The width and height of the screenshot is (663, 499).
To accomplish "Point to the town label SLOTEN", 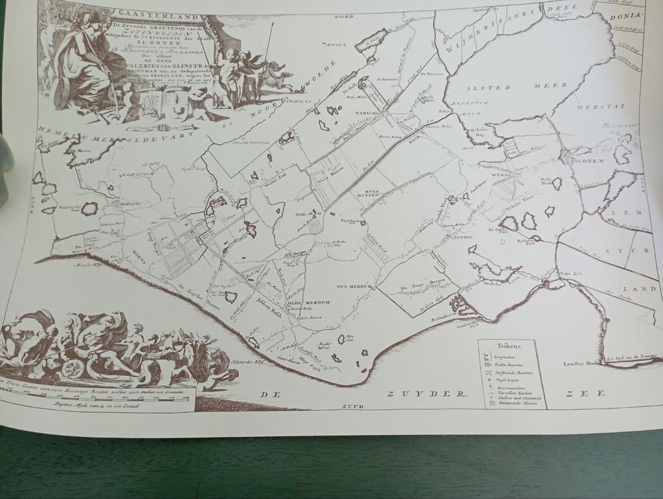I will [588, 161].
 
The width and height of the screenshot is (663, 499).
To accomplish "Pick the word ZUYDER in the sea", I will [427, 393].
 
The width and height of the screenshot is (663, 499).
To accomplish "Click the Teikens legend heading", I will [510, 346].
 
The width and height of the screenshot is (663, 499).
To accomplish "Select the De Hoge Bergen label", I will [415, 287].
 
